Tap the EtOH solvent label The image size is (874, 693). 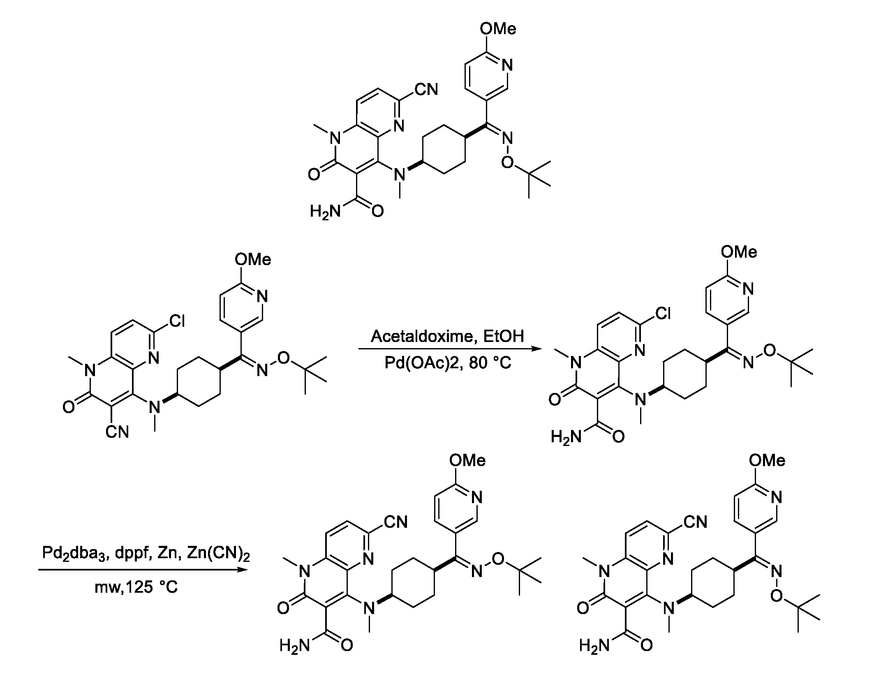pyautogui.click(x=504, y=336)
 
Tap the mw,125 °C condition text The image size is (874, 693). pyautogui.click(x=136, y=587)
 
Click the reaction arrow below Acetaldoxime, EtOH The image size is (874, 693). pyautogui.click(x=450, y=349)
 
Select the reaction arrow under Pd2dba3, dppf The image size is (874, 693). pyautogui.click(x=143, y=570)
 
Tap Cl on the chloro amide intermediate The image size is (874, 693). pyautogui.click(x=663, y=314)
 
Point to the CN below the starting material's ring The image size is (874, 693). pyautogui.click(x=117, y=432)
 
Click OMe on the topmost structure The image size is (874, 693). pyautogui.click(x=498, y=29)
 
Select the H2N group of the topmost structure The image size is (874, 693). pyautogui.click(x=326, y=212)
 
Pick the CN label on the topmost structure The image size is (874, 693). pyautogui.click(x=427, y=90)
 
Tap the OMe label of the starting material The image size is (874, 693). pyautogui.click(x=253, y=260)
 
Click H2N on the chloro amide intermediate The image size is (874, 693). pyautogui.click(x=566, y=437)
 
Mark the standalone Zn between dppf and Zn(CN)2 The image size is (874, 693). pyautogui.click(x=167, y=554)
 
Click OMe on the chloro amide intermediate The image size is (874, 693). pyautogui.click(x=739, y=252)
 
